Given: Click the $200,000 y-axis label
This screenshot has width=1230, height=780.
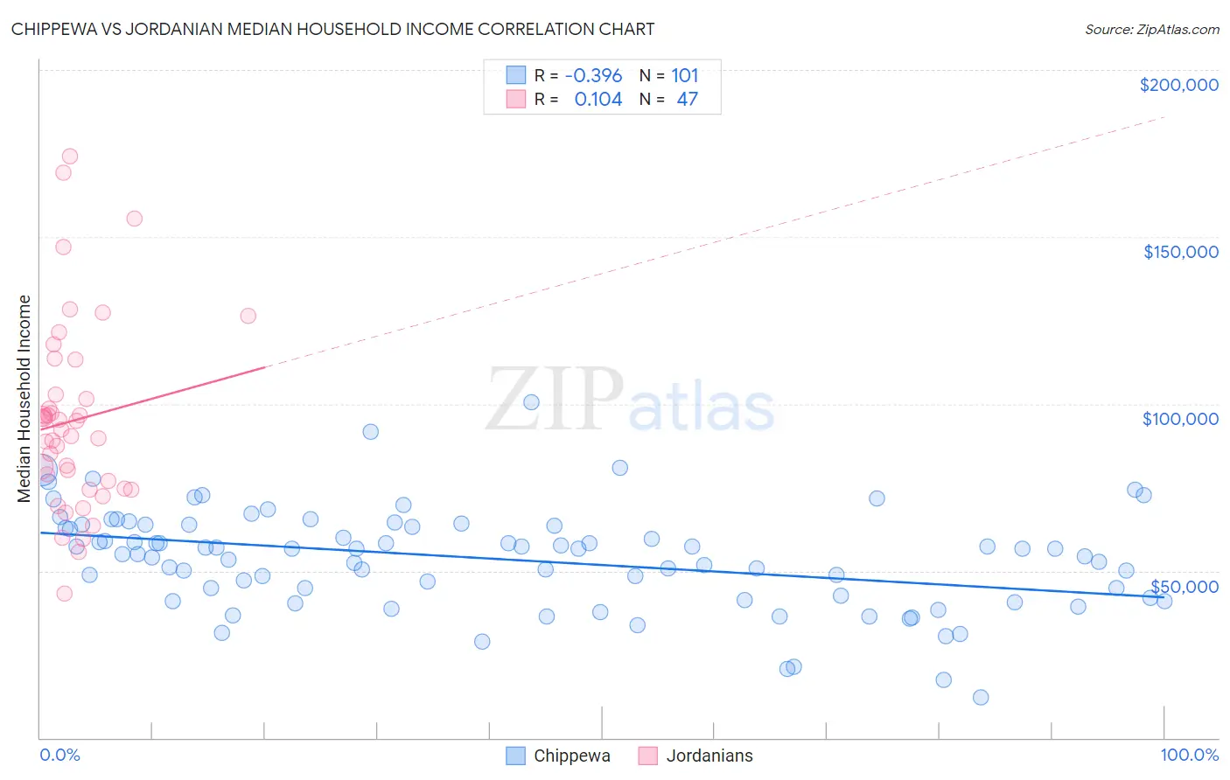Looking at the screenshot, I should point(1178,85).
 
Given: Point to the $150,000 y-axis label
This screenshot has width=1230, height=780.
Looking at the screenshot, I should point(1180,252).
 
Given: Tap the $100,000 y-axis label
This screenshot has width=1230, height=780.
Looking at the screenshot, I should point(1180,419).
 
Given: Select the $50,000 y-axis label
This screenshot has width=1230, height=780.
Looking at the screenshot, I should point(1184,586).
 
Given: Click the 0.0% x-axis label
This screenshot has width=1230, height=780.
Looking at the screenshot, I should point(59,755).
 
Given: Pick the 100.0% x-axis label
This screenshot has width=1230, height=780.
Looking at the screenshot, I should point(1189,755).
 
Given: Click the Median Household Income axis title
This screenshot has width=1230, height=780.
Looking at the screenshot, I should point(24,399).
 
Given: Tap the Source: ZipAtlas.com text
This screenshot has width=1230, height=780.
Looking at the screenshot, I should point(1151,29).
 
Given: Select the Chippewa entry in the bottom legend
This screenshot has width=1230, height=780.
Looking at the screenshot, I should point(571,756).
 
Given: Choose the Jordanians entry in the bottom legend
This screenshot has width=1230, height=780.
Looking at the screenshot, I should point(709,756).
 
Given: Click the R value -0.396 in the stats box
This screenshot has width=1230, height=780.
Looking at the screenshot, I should point(593,76).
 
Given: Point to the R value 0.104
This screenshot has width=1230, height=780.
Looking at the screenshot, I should point(598,100).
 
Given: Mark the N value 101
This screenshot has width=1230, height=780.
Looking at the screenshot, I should point(684,76).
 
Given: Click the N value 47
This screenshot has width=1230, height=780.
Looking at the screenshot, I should point(687,100).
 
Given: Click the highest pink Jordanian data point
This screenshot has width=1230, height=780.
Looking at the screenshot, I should point(70,157).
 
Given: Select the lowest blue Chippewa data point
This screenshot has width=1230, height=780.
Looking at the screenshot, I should point(981,697).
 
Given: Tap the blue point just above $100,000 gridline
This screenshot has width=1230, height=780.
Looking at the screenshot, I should point(531,402).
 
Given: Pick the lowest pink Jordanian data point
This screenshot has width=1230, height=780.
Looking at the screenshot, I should point(64,594).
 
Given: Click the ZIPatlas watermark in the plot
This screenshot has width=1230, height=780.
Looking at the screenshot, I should point(630,400).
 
